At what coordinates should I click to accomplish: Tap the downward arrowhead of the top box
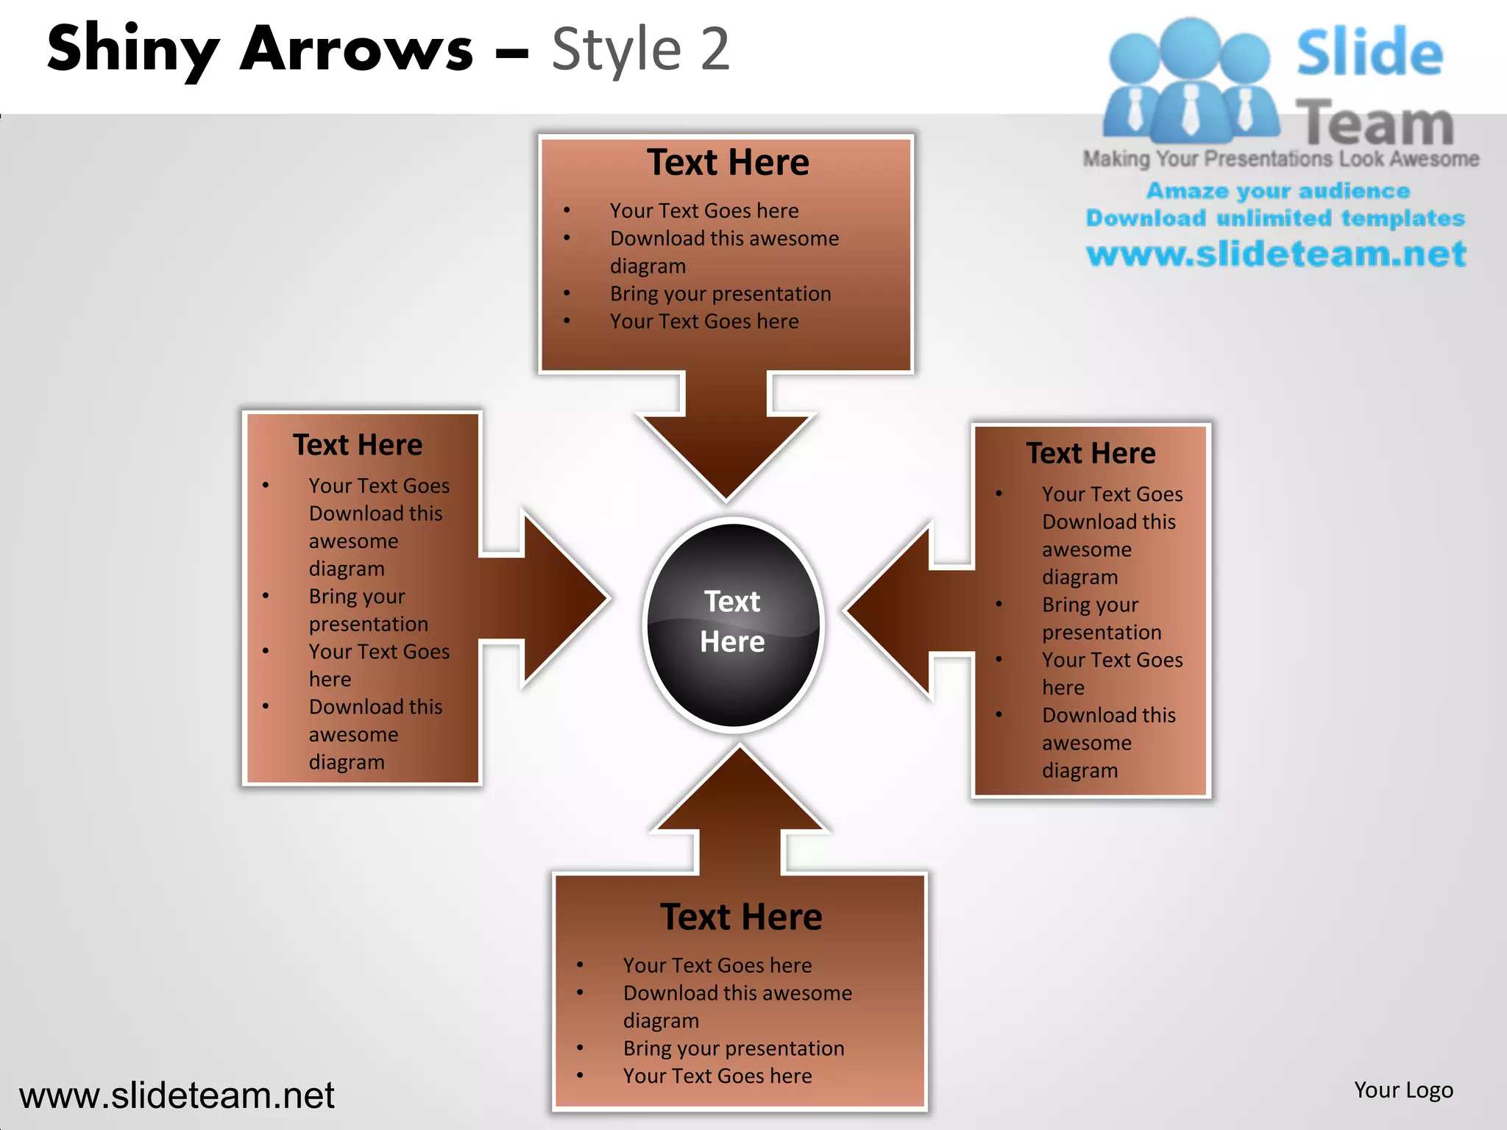(x=726, y=449)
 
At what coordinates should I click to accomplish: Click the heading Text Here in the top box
(x=728, y=163)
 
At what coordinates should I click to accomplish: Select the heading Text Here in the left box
(x=358, y=445)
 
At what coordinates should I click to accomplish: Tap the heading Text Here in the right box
(x=1091, y=453)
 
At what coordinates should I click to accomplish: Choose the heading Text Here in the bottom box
(x=741, y=917)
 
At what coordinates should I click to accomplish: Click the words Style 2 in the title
(x=640, y=50)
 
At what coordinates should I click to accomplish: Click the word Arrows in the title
(x=357, y=50)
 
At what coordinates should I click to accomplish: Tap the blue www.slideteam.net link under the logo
(x=1276, y=254)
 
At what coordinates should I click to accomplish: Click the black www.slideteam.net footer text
(x=177, y=1095)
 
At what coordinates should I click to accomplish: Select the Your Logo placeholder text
(x=1403, y=1090)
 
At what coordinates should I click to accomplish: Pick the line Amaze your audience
(x=1278, y=191)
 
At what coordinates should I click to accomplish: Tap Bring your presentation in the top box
(x=720, y=294)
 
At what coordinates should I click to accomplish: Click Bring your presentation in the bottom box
(x=734, y=1048)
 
